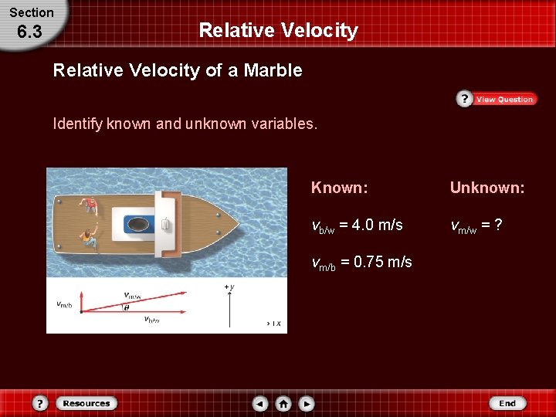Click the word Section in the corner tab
(32, 12)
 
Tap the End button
(507, 403)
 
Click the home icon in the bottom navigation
(283, 403)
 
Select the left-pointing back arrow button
(260, 403)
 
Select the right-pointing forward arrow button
(307, 403)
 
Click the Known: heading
(339, 188)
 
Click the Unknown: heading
(487, 188)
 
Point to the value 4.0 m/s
(377, 225)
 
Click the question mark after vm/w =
(499, 225)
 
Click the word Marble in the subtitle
(273, 70)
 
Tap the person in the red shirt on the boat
(91, 206)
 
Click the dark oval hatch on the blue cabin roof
(139, 224)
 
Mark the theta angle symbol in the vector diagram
(127, 307)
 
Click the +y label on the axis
(229, 287)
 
